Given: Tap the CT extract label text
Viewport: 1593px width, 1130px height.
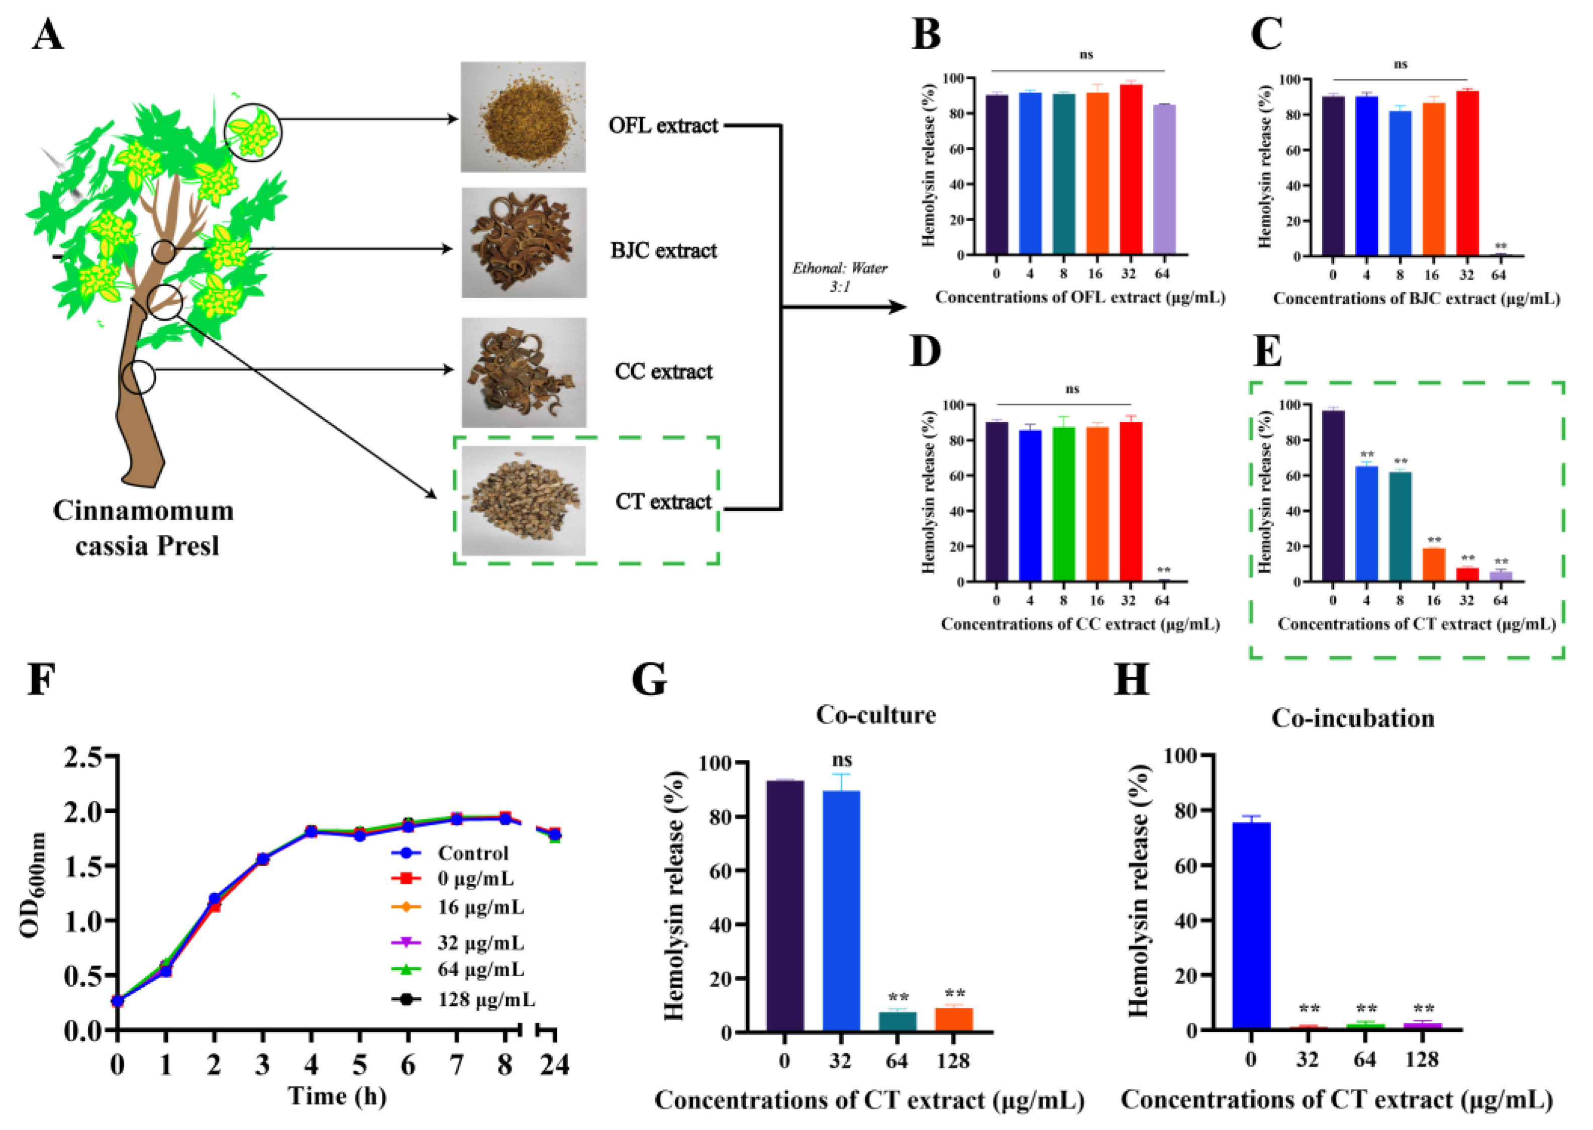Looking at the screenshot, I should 663,501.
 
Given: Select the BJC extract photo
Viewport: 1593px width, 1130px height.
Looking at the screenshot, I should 524,243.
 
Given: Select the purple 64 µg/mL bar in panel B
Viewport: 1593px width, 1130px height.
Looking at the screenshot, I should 1164,179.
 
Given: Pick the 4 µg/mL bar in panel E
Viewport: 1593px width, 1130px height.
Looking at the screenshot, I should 1366,523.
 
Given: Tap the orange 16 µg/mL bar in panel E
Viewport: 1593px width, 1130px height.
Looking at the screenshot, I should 1433,564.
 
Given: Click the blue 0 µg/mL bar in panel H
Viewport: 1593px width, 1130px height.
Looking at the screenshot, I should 1251,925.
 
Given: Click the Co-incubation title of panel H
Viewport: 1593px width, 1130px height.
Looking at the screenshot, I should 1352,718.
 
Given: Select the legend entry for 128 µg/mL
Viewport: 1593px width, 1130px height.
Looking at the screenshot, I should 485,1000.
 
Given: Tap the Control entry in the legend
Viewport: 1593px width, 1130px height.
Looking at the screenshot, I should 472,853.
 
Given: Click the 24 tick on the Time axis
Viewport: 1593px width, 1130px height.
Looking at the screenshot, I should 554,1065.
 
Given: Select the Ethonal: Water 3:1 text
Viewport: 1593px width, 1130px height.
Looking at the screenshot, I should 840,277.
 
